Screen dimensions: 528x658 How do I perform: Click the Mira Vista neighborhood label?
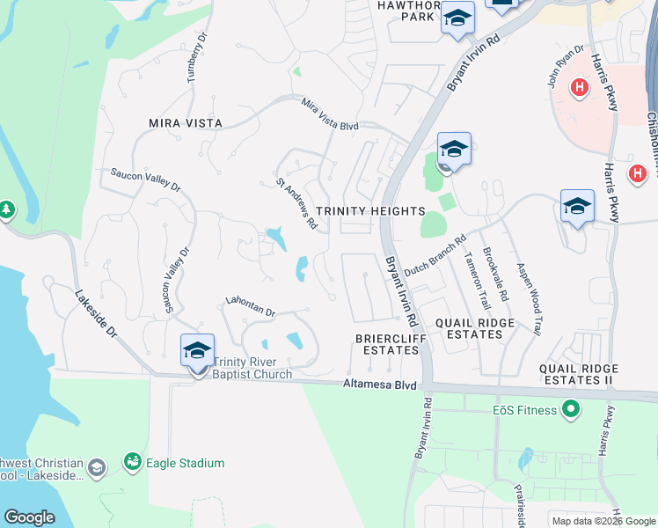point(186,123)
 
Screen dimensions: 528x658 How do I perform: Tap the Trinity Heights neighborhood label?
point(370,211)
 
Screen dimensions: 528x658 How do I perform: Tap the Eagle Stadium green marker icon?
point(133,461)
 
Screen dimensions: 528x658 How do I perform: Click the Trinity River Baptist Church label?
point(252,368)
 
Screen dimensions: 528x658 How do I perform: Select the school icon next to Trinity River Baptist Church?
point(197,351)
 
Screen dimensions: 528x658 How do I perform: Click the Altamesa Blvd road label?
point(378,385)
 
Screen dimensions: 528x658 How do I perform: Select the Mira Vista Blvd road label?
point(330,115)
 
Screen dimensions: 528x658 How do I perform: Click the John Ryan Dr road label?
point(566,67)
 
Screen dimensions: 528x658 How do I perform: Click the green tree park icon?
point(7,209)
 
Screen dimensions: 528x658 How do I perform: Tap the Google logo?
point(30,517)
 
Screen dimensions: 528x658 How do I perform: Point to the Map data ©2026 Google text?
point(603,521)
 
